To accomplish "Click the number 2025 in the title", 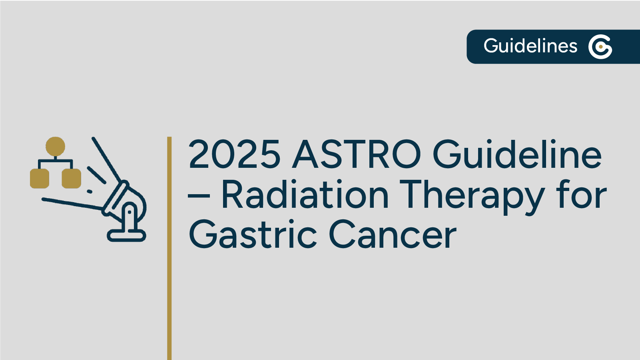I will point(234,154).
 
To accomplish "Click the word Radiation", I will point(305,195).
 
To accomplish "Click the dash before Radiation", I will point(199,196).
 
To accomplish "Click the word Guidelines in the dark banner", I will point(530,46).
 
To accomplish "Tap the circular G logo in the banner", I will point(600,47).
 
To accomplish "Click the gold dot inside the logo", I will point(601,47).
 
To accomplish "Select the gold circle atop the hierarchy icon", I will point(55,146).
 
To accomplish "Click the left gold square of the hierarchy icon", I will point(40,178).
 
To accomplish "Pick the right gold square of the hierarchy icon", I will point(71,178).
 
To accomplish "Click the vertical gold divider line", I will point(169,248).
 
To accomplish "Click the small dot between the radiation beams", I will point(90,191).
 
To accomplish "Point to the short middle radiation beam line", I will point(96,175).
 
